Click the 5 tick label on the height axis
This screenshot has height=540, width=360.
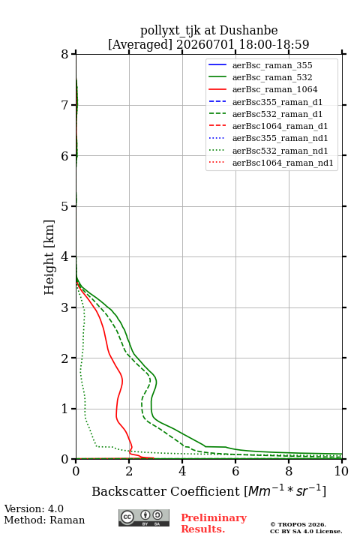[x=65, y=206]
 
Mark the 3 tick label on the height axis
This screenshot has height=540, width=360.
[x=65, y=307]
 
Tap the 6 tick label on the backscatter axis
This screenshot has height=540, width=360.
[x=235, y=471]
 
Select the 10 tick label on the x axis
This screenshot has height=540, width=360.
[x=341, y=471]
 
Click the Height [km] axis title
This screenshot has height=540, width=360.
[x=49, y=257]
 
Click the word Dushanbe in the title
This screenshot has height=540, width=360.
[x=248, y=30]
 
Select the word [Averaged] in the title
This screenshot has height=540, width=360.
[x=139, y=44]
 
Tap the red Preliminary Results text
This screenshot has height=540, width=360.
[x=214, y=523]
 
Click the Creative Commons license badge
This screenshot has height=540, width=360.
[x=144, y=517]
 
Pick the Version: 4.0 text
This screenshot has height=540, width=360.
[x=34, y=508]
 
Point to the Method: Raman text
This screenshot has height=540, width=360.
[x=44, y=520]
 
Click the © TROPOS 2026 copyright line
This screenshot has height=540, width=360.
[x=298, y=524]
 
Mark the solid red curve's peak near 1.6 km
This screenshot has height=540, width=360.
[x=122, y=379]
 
